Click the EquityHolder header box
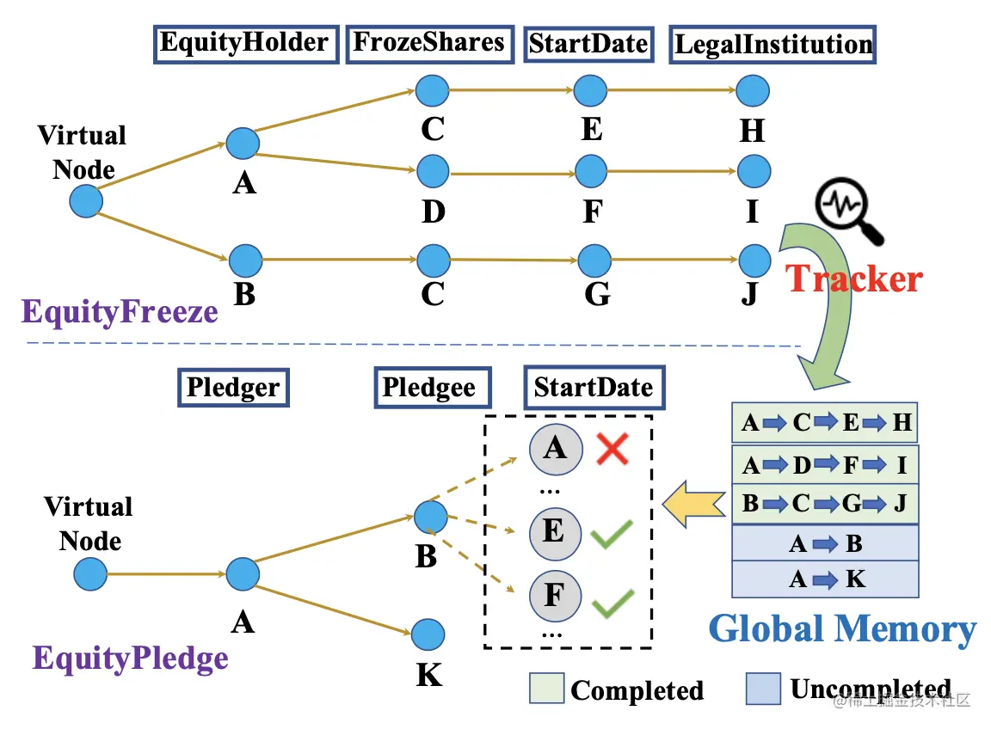(244, 43)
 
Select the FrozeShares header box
(429, 43)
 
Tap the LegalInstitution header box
(772, 44)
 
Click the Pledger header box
(233, 388)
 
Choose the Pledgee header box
(428, 387)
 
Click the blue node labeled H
(753, 90)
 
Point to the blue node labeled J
(754, 260)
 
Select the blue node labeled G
(593, 260)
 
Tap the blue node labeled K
(428, 635)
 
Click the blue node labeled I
(754, 172)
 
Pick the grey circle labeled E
(554, 531)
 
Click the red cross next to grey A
(612, 449)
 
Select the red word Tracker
(854, 279)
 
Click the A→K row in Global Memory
(825, 579)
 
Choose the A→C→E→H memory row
(825, 423)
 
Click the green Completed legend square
(545, 689)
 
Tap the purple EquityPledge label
(131, 659)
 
